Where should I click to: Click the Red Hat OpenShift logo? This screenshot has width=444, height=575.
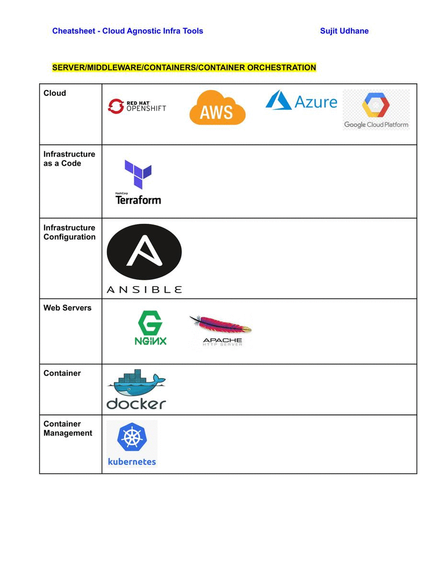click(137, 106)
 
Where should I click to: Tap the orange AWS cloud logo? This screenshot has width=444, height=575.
click(217, 108)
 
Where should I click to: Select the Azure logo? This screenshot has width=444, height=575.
click(301, 101)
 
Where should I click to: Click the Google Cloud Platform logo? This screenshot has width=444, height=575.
click(376, 110)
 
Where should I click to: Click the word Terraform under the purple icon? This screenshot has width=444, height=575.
click(138, 200)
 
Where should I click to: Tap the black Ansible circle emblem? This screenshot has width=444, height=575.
click(144, 252)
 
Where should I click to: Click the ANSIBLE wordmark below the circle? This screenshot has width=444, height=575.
click(144, 289)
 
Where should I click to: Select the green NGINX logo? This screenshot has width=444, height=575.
click(150, 328)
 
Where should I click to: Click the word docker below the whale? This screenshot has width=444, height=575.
click(136, 403)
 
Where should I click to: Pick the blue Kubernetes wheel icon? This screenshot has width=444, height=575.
click(132, 437)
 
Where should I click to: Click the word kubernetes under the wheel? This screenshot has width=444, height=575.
click(132, 462)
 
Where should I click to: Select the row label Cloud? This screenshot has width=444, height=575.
click(55, 93)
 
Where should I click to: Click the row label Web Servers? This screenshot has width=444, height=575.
click(67, 308)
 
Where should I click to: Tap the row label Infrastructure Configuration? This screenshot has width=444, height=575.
click(69, 232)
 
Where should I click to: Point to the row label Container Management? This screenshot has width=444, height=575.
click(68, 428)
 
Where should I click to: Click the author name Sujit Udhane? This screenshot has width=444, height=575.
click(344, 31)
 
